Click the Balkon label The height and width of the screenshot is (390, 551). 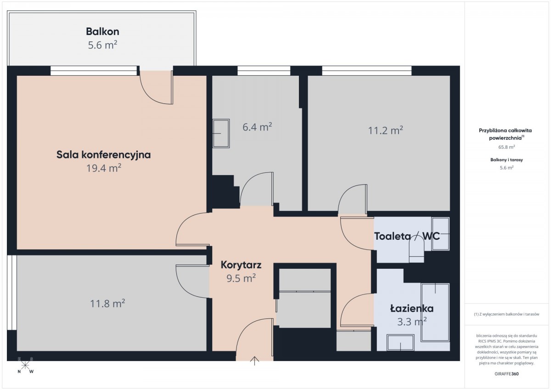[x=102, y=32]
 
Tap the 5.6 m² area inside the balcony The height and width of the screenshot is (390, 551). [x=102, y=45]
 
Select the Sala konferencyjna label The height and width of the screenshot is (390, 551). [x=104, y=155]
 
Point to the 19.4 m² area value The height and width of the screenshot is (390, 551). [x=104, y=168]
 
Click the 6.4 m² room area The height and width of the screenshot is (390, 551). [x=257, y=127]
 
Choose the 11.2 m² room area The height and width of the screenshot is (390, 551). [x=385, y=130]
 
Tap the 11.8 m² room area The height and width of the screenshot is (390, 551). [x=107, y=303]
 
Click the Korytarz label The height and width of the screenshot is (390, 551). [x=241, y=265]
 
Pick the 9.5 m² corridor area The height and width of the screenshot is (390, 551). [x=241, y=278]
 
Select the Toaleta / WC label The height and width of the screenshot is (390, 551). [x=407, y=237]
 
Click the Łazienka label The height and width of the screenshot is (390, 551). [x=412, y=309]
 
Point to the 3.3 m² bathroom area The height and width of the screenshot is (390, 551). [x=412, y=322]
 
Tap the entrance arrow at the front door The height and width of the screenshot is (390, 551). [x=254, y=361]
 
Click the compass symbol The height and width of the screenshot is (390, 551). [x=25, y=366]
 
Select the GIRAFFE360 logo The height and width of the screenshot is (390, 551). [x=506, y=374]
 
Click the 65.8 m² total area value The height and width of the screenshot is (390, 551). [x=506, y=147]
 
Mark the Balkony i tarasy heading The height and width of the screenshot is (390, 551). [x=506, y=160]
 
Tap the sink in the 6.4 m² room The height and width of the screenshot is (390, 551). [x=221, y=134]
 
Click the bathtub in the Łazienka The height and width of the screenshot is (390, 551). [x=435, y=312]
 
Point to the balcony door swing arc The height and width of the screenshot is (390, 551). [x=150, y=95]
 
